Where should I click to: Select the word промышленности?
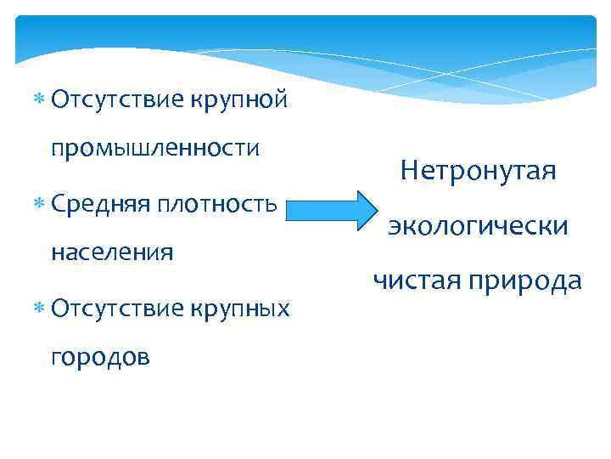point(154,149)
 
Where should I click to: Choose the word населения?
point(112,252)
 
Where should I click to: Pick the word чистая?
point(413,280)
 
